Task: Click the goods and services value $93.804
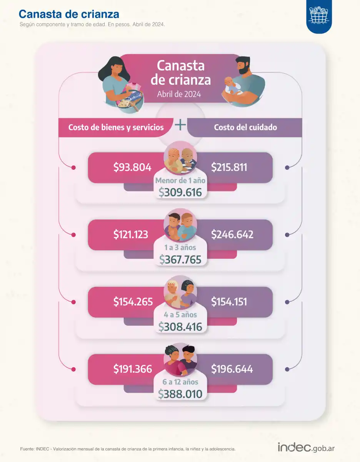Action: pyautogui.click(x=132, y=167)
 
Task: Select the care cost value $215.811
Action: pyautogui.click(x=229, y=167)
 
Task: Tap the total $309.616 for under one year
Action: pyautogui.click(x=180, y=192)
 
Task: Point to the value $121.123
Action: pyautogui.click(x=130, y=234)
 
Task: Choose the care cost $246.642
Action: pyautogui.click(x=232, y=234)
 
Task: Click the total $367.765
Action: pyautogui.click(x=180, y=259)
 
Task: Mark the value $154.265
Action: pyautogui.click(x=133, y=302)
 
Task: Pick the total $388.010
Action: pyautogui.click(x=180, y=393)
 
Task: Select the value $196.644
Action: pyautogui.click(x=232, y=369)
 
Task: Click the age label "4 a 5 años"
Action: pyautogui.click(x=180, y=315)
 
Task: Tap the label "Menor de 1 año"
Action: pyautogui.click(x=180, y=180)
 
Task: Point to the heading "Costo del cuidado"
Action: pyautogui.click(x=245, y=127)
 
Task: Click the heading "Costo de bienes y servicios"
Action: pyautogui.click(x=116, y=127)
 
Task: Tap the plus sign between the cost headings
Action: pyautogui.click(x=180, y=125)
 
